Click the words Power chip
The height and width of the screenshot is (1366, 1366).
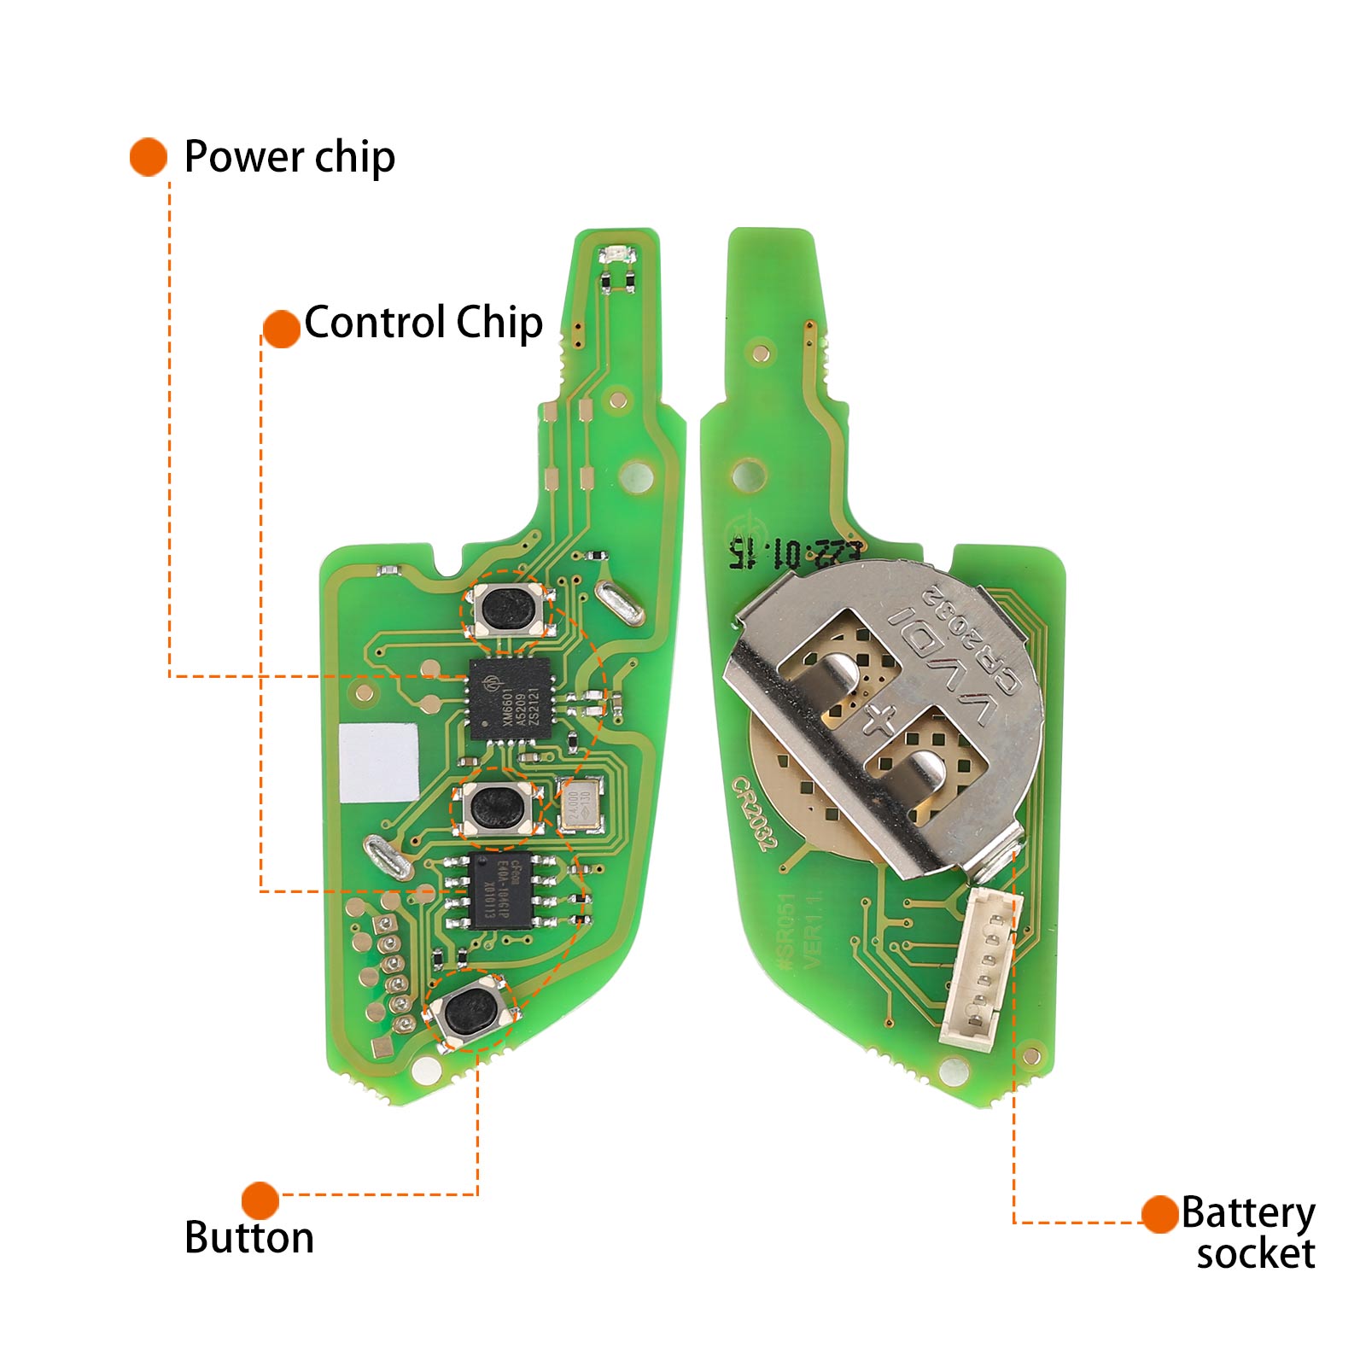[x=289, y=157]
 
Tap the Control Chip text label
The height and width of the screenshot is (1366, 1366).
[x=423, y=323]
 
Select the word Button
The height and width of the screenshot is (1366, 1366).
[x=249, y=1237]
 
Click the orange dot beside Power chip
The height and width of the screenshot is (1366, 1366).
[x=149, y=157]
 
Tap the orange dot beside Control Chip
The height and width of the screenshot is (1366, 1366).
[x=281, y=329]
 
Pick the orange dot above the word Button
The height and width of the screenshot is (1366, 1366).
[x=260, y=1200]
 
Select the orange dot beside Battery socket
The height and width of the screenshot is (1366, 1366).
[x=1160, y=1214]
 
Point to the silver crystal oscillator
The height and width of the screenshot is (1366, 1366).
[x=580, y=805]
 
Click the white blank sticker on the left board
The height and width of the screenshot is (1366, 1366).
[x=378, y=762]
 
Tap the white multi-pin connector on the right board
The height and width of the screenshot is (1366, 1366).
[x=980, y=965]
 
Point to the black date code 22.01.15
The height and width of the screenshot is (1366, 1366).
[x=794, y=553]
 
